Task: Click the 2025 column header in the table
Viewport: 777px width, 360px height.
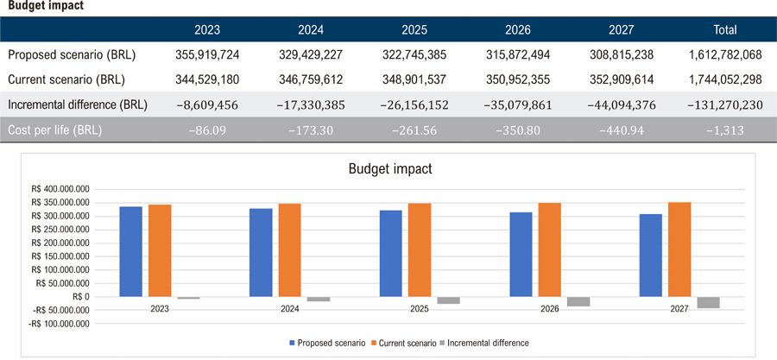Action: [x=414, y=29]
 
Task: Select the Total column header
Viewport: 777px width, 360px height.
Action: [x=724, y=29]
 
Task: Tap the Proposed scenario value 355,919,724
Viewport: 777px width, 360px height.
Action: [x=207, y=55]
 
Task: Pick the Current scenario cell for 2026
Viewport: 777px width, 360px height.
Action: [x=518, y=80]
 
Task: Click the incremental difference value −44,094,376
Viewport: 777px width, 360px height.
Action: [x=622, y=105]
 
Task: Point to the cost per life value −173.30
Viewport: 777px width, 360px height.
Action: [x=311, y=131]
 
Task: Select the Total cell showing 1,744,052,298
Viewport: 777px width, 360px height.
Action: [x=724, y=80]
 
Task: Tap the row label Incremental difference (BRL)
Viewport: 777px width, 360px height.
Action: [x=78, y=105]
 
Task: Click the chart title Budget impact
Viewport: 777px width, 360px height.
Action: [x=390, y=168]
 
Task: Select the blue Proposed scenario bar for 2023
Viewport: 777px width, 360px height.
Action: [x=131, y=251]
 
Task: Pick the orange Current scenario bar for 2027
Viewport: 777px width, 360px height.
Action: [x=680, y=249]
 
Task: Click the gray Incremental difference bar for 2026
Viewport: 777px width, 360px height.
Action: [x=578, y=302]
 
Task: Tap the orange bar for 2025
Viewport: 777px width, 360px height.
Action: [x=420, y=250]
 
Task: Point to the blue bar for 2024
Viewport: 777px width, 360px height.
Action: [x=261, y=253]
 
